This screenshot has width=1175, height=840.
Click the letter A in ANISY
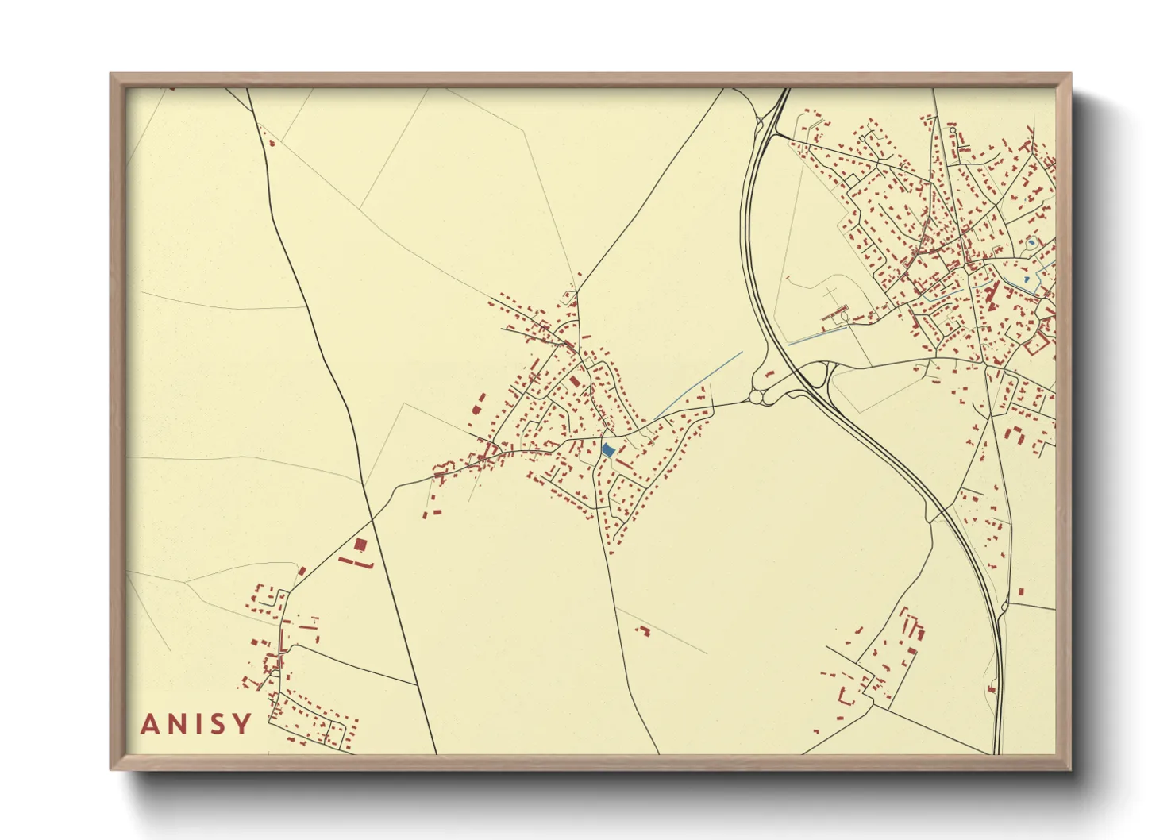[x=149, y=724]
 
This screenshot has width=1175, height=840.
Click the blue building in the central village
[x=608, y=450]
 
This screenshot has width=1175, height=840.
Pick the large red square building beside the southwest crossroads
[x=360, y=545]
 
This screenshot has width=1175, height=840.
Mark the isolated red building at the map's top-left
[x=272, y=144]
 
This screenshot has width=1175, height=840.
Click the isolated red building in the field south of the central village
[x=642, y=630]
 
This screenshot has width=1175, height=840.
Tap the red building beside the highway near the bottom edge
[x=992, y=689]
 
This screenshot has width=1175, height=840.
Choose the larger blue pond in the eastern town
[x=1031, y=241]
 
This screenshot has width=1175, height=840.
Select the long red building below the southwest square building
[x=356, y=562]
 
